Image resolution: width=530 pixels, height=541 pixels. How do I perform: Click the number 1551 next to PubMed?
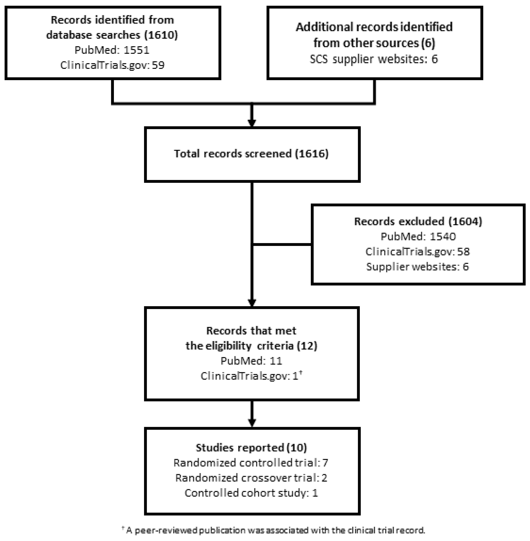click(x=136, y=50)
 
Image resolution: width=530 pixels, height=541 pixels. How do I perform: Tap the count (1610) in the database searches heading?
click(x=161, y=35)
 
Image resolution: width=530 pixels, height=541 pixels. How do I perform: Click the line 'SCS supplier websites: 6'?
click(x=374, y=59)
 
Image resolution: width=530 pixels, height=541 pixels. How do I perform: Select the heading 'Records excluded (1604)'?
click(x=418, y=221)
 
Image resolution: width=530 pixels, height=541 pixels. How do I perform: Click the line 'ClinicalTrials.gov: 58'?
click(x=418, y=252)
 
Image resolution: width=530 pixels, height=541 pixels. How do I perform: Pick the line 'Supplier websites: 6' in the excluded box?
click(x=418, y=267)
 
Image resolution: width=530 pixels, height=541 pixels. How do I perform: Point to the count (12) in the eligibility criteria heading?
click(x=307, y=346)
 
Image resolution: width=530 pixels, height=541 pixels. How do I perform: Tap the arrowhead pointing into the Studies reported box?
click(x=252, y=423)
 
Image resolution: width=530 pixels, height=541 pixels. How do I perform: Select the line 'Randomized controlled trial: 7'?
click(x=251, y=463)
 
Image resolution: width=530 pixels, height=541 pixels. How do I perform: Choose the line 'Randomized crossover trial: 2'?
click(x=251, y=478)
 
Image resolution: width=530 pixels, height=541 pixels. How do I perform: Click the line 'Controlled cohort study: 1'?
click(x=251, y=493)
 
